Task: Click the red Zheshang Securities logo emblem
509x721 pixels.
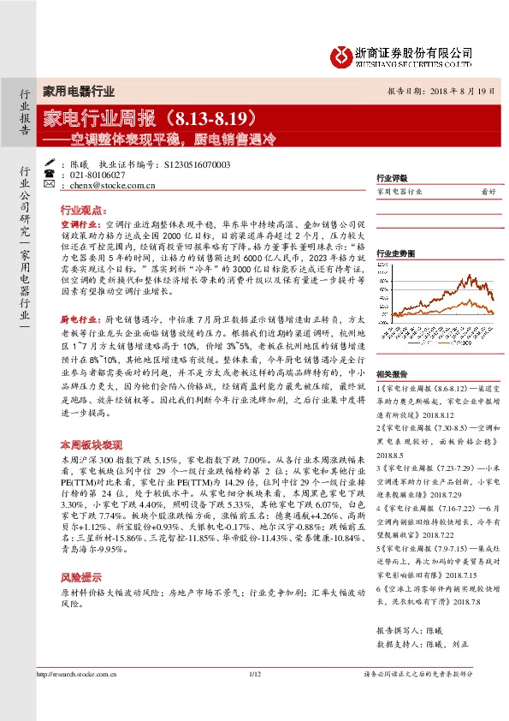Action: (x=341, y=56)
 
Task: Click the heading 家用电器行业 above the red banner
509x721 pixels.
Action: (x=79, y=91)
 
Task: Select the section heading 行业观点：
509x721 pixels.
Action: (x=82, y=209)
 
